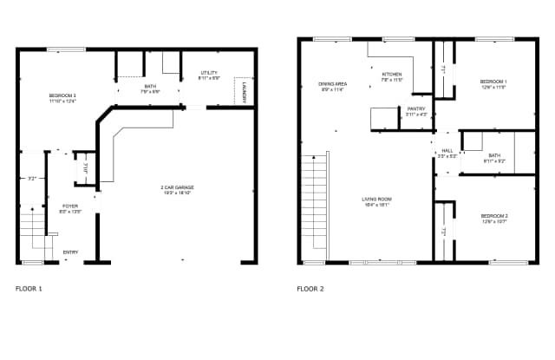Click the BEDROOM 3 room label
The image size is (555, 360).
coord(62,95)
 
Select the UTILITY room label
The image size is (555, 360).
coord(209,73)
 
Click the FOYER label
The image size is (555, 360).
coord(69,206)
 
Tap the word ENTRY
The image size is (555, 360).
coord(70,252)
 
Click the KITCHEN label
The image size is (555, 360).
coord(393,75)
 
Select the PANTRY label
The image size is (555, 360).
coord(416,109)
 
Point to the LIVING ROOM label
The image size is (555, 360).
coord(377,200)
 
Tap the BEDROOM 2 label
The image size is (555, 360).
coord(493,216)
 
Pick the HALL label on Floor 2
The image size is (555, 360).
coord(447,151)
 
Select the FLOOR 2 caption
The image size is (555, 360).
coord(310,288)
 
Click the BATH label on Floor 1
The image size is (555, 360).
coord(150,86)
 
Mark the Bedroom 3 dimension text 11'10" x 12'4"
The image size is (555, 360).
coord(62,100)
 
